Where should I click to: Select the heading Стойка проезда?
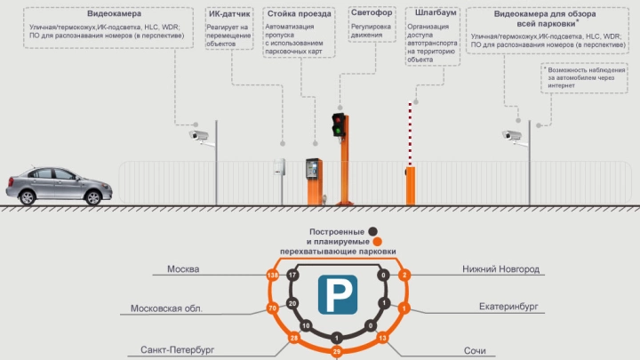coord(298,15)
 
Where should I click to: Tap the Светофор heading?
coord(371,15)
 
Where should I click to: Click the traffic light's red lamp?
coord(338,119)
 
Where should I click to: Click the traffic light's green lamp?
coord(338,131)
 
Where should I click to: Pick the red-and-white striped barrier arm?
coord(410,133)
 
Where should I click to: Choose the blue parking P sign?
coord(338,294)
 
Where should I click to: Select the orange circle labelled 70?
coord(271,308)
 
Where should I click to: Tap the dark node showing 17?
coord(292,276)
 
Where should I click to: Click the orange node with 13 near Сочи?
coord(382,339)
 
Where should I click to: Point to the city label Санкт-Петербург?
coord(178,350)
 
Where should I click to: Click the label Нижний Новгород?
coord(500,268)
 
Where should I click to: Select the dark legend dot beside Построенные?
coord(372,231)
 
